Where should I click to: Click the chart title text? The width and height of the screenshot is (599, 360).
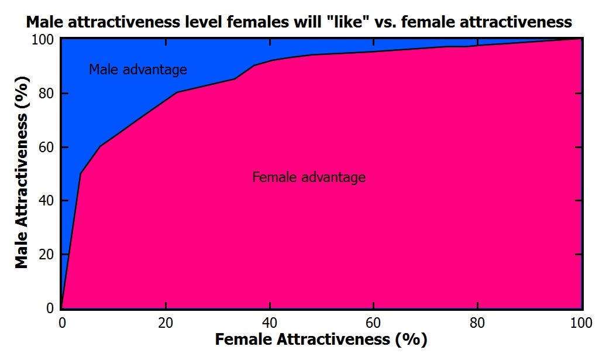tap(298, 22)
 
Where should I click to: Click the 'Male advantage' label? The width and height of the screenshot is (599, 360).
tap(137, 70)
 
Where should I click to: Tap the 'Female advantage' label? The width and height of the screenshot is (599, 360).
tap(309, 177)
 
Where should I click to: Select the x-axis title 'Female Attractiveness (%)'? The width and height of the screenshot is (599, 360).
tap(321, 340)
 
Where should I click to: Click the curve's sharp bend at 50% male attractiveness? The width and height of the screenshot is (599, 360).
tap(81, 173)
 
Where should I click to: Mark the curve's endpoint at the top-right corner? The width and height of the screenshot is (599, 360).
tap(581, 39)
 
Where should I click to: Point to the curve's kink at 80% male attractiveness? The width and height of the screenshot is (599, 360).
tap(176, 92)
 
